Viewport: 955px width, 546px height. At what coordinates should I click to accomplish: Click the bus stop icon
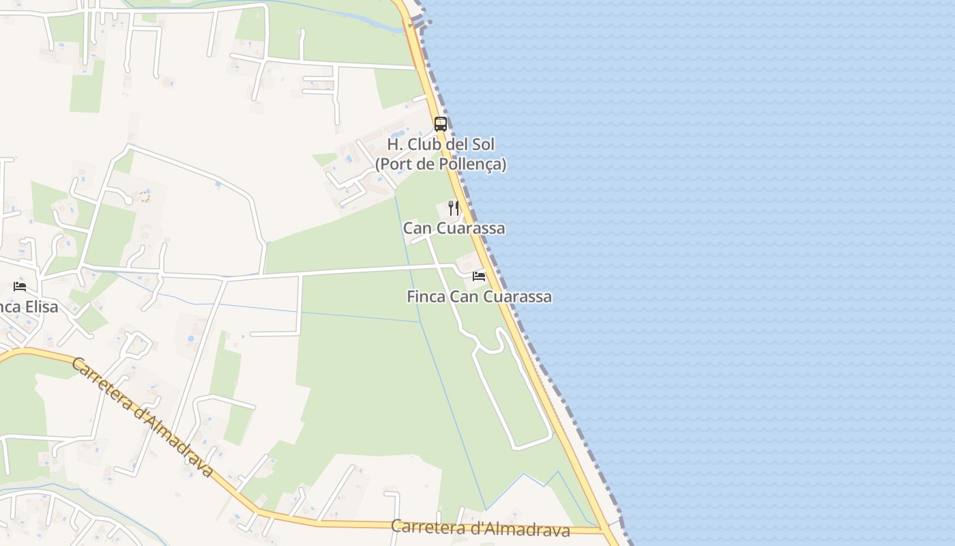(x=441, y=124)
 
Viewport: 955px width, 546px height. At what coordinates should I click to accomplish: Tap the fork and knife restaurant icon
(x=454, y=207)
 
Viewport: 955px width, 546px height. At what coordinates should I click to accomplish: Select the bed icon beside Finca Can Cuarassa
(x=479, y=276)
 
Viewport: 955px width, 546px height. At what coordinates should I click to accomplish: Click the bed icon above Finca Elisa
(x=20, y=286)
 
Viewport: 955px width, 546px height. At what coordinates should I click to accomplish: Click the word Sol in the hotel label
(x=482, y=145)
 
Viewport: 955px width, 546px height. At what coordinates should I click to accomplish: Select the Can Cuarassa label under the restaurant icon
(x=454, y=228)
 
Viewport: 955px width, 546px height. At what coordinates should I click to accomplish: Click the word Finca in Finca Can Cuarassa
(x=425, y=297)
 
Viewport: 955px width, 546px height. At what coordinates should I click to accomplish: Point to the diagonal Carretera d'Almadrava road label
(x=142, y=417)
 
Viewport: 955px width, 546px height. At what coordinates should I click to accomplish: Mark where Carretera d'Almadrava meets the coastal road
(x=603, y=530)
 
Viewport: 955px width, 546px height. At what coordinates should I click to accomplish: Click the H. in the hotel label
(x=394, y=145)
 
